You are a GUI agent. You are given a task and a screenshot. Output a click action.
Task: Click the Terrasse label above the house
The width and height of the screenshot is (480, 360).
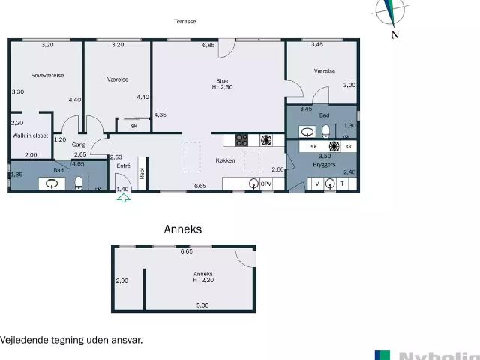(185, 22)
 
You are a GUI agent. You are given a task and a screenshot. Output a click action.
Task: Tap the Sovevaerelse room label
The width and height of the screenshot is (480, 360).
(47, 75)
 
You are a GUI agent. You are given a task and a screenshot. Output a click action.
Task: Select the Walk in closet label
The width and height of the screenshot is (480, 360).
(30, 136)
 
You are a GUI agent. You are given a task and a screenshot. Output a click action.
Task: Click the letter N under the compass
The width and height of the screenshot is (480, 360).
(395, 34)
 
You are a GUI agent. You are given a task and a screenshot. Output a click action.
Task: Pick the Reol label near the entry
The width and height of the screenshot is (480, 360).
(142, 172)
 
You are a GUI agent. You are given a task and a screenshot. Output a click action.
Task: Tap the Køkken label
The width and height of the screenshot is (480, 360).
(226, 160)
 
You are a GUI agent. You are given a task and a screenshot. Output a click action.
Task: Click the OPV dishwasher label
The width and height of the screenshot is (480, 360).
(266, 184)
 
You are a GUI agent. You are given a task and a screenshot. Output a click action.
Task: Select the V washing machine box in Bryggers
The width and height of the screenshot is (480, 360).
(316, 184)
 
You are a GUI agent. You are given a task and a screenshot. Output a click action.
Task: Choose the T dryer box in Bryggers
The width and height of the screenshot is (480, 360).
(343, 184)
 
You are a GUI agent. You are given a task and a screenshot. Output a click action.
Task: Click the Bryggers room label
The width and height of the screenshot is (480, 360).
(323, 163)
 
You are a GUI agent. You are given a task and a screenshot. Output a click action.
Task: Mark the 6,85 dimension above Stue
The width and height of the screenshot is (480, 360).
(208, 46)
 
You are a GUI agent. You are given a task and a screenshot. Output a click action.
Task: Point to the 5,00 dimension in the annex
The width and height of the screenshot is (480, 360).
(202, 305)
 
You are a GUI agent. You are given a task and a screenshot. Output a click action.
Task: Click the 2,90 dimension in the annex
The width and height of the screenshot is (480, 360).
(121, 280)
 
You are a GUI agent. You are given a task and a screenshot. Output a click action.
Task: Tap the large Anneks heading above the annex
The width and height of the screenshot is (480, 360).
(183, 229)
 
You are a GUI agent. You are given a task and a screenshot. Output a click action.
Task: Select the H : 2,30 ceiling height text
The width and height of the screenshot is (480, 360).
(222, 88)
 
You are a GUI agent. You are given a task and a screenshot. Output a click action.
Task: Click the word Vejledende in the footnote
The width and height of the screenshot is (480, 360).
(23, 340)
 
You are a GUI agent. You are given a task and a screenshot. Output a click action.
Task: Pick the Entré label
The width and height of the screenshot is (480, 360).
(124, 166)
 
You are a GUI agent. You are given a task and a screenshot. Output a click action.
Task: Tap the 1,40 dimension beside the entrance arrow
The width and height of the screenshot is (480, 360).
(124, 190)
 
